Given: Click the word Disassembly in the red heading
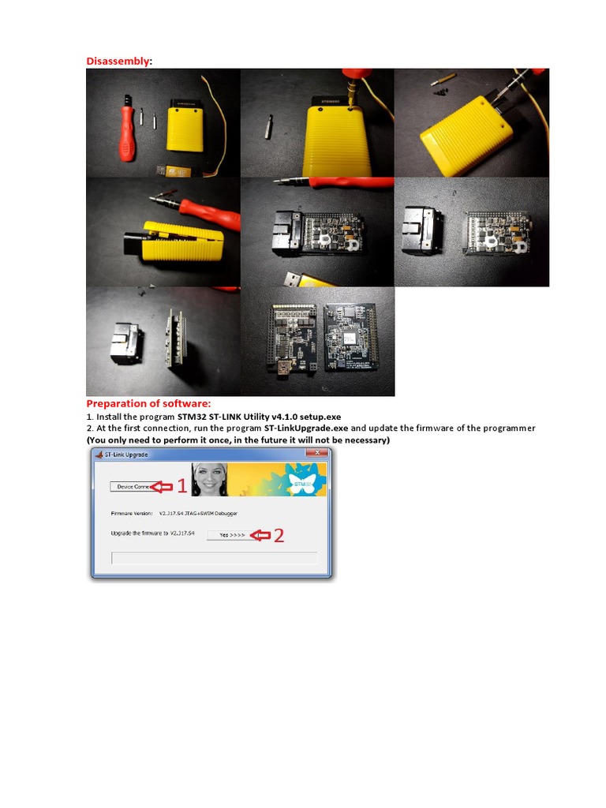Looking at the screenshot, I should click(x=118, y=61).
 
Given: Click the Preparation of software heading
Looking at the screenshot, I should click(x=148, y=403).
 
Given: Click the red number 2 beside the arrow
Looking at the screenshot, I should click(x=278, y=535).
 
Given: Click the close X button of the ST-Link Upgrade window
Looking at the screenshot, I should click(x=317, y=454).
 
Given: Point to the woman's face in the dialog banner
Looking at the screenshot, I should click(x=209, y=478).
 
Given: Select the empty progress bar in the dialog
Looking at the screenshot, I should click(x=215, y=559).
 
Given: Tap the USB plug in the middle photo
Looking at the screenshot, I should click(x=295, y=279).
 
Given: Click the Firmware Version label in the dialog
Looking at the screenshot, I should click(x=133, y=513).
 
